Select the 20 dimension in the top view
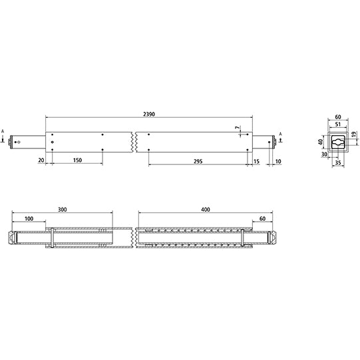(x=40, y=160)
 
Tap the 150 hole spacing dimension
(x=77, y=160)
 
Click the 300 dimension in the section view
(x=62, y=210)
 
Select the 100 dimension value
(x=28, y=218)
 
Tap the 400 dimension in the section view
(x=205, y=210)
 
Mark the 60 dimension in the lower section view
(x=262, y=218)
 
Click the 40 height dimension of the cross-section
(x=319, y=142)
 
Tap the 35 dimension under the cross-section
(x=338, y=160)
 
